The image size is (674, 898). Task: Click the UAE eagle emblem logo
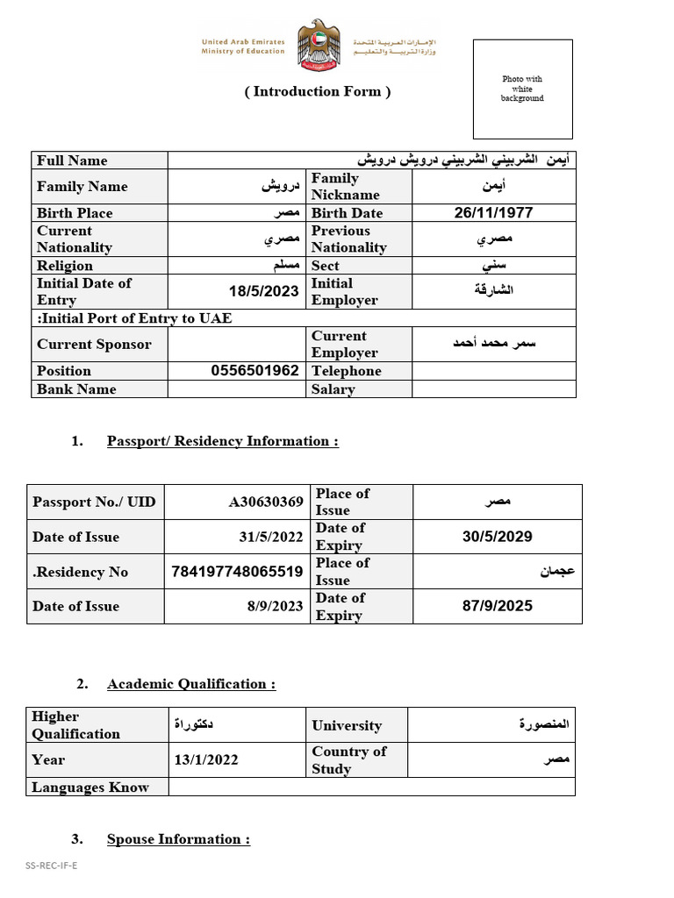(318, 46)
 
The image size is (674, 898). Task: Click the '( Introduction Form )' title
(318, 91)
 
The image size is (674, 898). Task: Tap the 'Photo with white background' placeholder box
(522, 89)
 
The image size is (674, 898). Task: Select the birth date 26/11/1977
(493, 213)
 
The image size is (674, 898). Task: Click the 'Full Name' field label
(72, 160)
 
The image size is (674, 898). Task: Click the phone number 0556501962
(255, 371)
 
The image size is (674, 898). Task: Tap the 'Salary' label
(333, 389)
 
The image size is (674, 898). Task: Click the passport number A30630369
(266, 502)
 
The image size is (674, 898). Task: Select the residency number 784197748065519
(238, 572)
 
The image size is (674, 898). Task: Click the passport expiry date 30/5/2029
(497, 537)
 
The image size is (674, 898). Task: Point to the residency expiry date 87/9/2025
(497, 606)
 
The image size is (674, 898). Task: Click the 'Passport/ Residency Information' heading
(223, 441)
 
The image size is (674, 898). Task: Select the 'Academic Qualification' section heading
(191, 684)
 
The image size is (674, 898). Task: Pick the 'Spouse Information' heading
(178, 839)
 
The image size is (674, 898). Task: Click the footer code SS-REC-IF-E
(51, 866)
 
